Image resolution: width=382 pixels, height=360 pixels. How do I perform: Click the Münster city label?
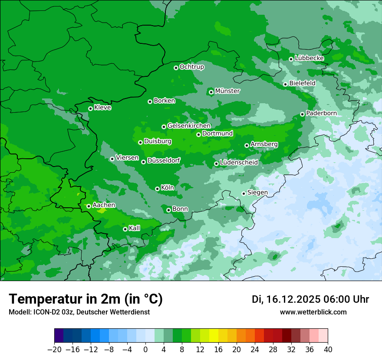click(x=227, y=91)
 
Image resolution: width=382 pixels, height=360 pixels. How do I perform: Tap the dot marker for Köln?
click(x=157, y=189)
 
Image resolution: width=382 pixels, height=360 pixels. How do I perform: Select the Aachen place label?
click(x=104, y=205)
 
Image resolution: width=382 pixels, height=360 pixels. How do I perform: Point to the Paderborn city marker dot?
click(x=302, y=114)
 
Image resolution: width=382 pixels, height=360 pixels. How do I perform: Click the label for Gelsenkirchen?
click(x=189, y=126)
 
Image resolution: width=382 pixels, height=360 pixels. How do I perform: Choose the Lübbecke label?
click(x=310, y=58)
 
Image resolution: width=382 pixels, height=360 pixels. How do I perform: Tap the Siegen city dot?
click(x=244, y=193)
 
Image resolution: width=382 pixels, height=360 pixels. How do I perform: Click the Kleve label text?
click(x=102, y=108)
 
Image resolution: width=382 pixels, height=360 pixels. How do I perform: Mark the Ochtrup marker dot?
click(x=176, y=68)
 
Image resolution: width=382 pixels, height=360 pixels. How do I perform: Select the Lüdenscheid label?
click(x=239, y=163)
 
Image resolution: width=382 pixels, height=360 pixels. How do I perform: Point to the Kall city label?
click(x=135, y=228)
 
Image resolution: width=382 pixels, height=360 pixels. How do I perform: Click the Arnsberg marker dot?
click(x=247, y=145)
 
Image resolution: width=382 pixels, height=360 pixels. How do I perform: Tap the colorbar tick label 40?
click(x=328, y=350)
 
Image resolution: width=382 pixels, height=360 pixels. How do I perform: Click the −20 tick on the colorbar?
click(x=54, y=350)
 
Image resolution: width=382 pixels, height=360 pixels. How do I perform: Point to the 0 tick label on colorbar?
click(x=145, y=350)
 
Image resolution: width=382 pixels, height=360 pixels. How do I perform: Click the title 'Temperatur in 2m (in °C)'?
click(x=86, y=299)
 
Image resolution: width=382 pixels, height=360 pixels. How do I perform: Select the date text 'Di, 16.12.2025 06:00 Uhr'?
click(x=310, y=299)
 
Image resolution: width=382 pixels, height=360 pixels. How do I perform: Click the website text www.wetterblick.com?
click(x=313, y=312)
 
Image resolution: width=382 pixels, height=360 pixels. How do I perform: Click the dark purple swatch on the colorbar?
click(x=59, y=336)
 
